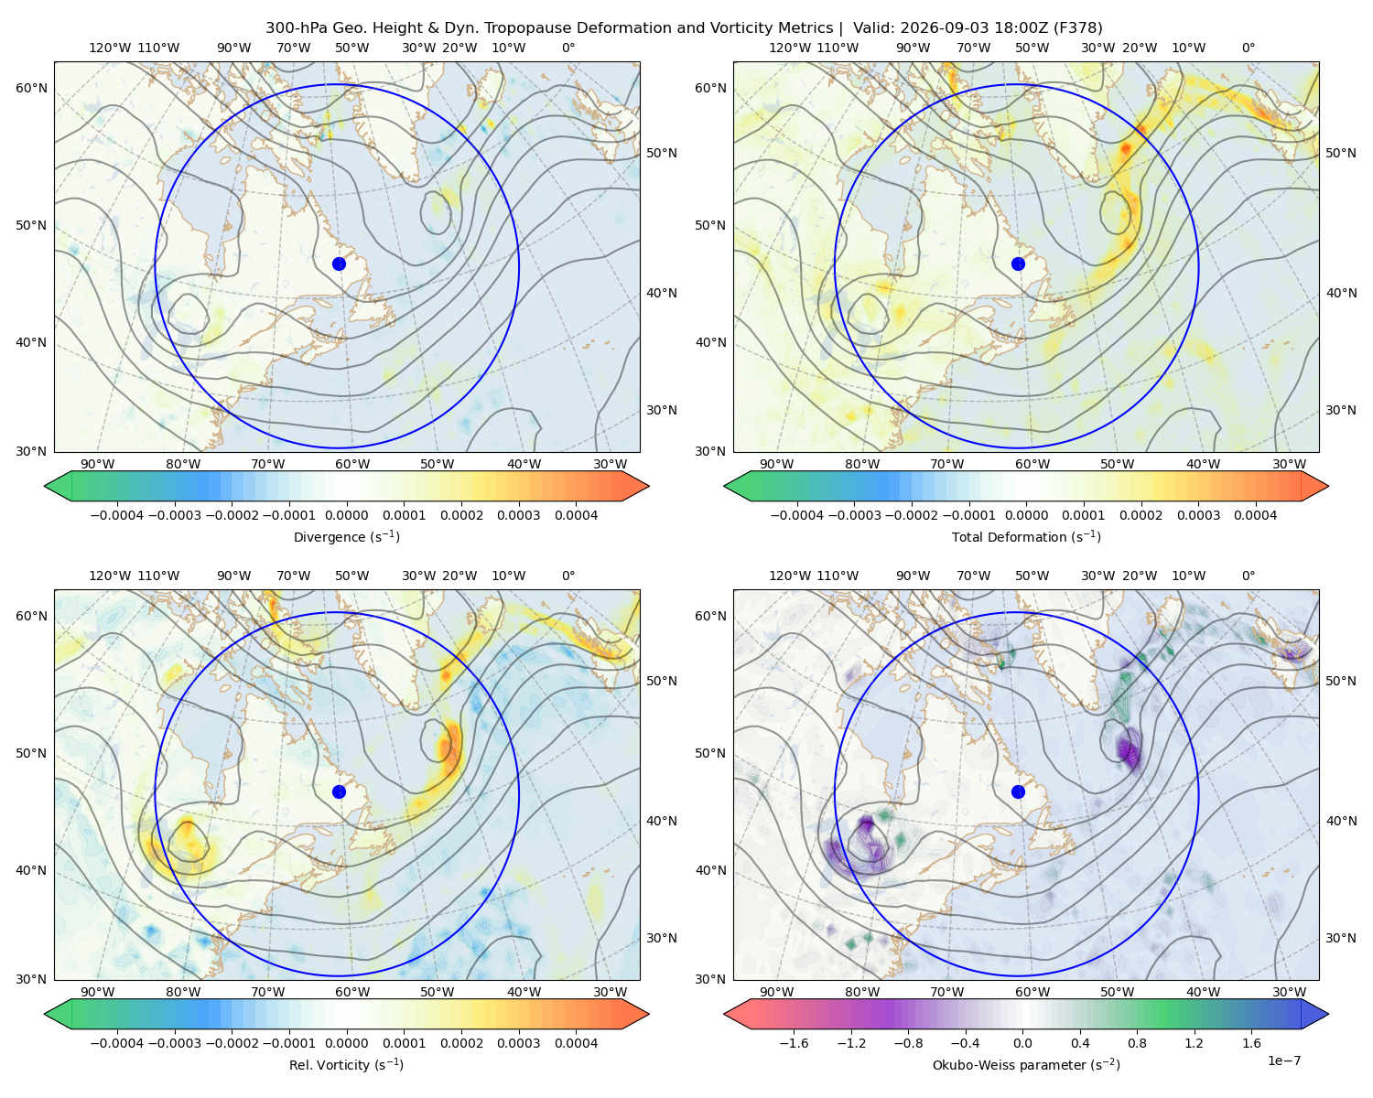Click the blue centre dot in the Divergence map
pos(339,264)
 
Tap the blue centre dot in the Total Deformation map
pos(1018,264)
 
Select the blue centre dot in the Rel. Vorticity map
pos(339,791)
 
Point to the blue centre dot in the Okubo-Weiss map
pos(1018,791)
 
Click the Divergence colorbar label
pos(346,537)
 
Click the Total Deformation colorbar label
pos(1026,537)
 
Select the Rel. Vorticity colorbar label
pos(346,1065)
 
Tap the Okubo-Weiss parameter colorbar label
pos(1026,1065)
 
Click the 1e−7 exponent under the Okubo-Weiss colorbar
pos(1283,1061)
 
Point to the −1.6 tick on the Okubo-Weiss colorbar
pos(795,1043)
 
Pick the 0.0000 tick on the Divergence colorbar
pos(346,515)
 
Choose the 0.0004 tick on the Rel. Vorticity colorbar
pos(576,1043)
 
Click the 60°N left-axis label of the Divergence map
pos(31,88)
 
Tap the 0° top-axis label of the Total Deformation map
pos(1248,48)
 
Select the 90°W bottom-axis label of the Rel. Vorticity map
pos(97,992)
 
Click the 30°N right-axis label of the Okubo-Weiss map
pos(1341,938)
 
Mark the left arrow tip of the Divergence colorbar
pos(44,486)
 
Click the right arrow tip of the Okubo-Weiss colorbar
pos(1328,1014)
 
